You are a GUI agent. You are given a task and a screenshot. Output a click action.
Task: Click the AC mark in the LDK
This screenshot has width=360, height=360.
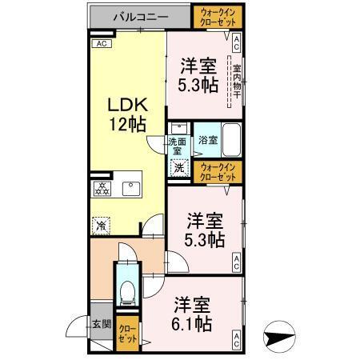pyautogui.click(x=102, y=45)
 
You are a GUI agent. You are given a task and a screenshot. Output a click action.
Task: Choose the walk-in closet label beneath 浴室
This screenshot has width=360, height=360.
pyautogui.click(x=218, y=171)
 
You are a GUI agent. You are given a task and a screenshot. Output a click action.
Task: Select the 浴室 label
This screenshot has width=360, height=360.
pyautogui.click(x=206, y=137)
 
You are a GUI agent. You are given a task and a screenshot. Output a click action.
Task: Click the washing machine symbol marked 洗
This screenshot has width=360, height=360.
pyautogui.click(x=180, y=168)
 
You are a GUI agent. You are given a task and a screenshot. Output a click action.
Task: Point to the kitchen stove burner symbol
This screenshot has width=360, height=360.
pyautogui.click(x=102, y=190)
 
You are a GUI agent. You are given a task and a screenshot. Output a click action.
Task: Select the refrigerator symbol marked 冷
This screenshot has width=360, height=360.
pyautogui.click(x=102, y=226)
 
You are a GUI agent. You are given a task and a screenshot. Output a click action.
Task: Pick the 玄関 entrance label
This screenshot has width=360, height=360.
pyautogui.click(x=101, y=324)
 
